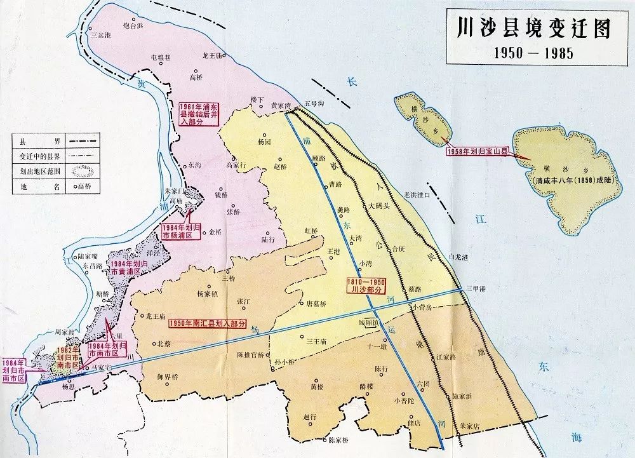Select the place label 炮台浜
133,25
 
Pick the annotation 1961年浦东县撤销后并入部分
199,114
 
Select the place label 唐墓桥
316,304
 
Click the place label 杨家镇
207,293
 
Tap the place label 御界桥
168,377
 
